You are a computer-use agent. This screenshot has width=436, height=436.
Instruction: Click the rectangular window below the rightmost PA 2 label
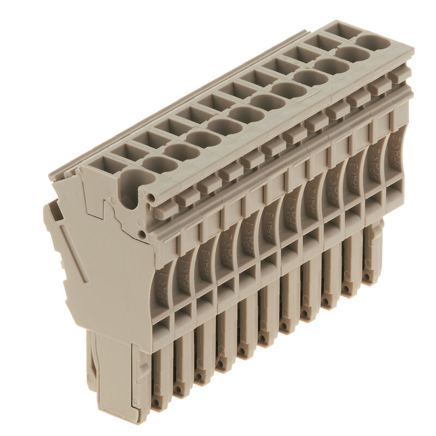tap(395, 187)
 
